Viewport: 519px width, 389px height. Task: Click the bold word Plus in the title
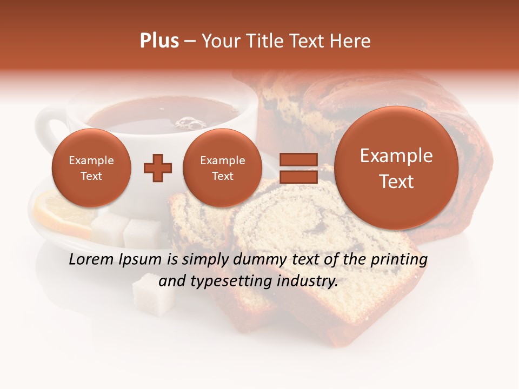click(x=159, y=41)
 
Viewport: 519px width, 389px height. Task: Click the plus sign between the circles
click(x=158, y=167)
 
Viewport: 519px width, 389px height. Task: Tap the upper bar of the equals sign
click(x=298, y=159)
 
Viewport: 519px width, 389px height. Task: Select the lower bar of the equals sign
click(x=298, y=177)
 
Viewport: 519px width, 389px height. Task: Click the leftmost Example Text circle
click(x=91, y=168)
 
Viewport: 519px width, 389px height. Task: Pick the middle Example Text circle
click(x=223, y=168)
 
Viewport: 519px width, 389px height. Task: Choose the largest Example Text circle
click(x=396, y=168)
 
